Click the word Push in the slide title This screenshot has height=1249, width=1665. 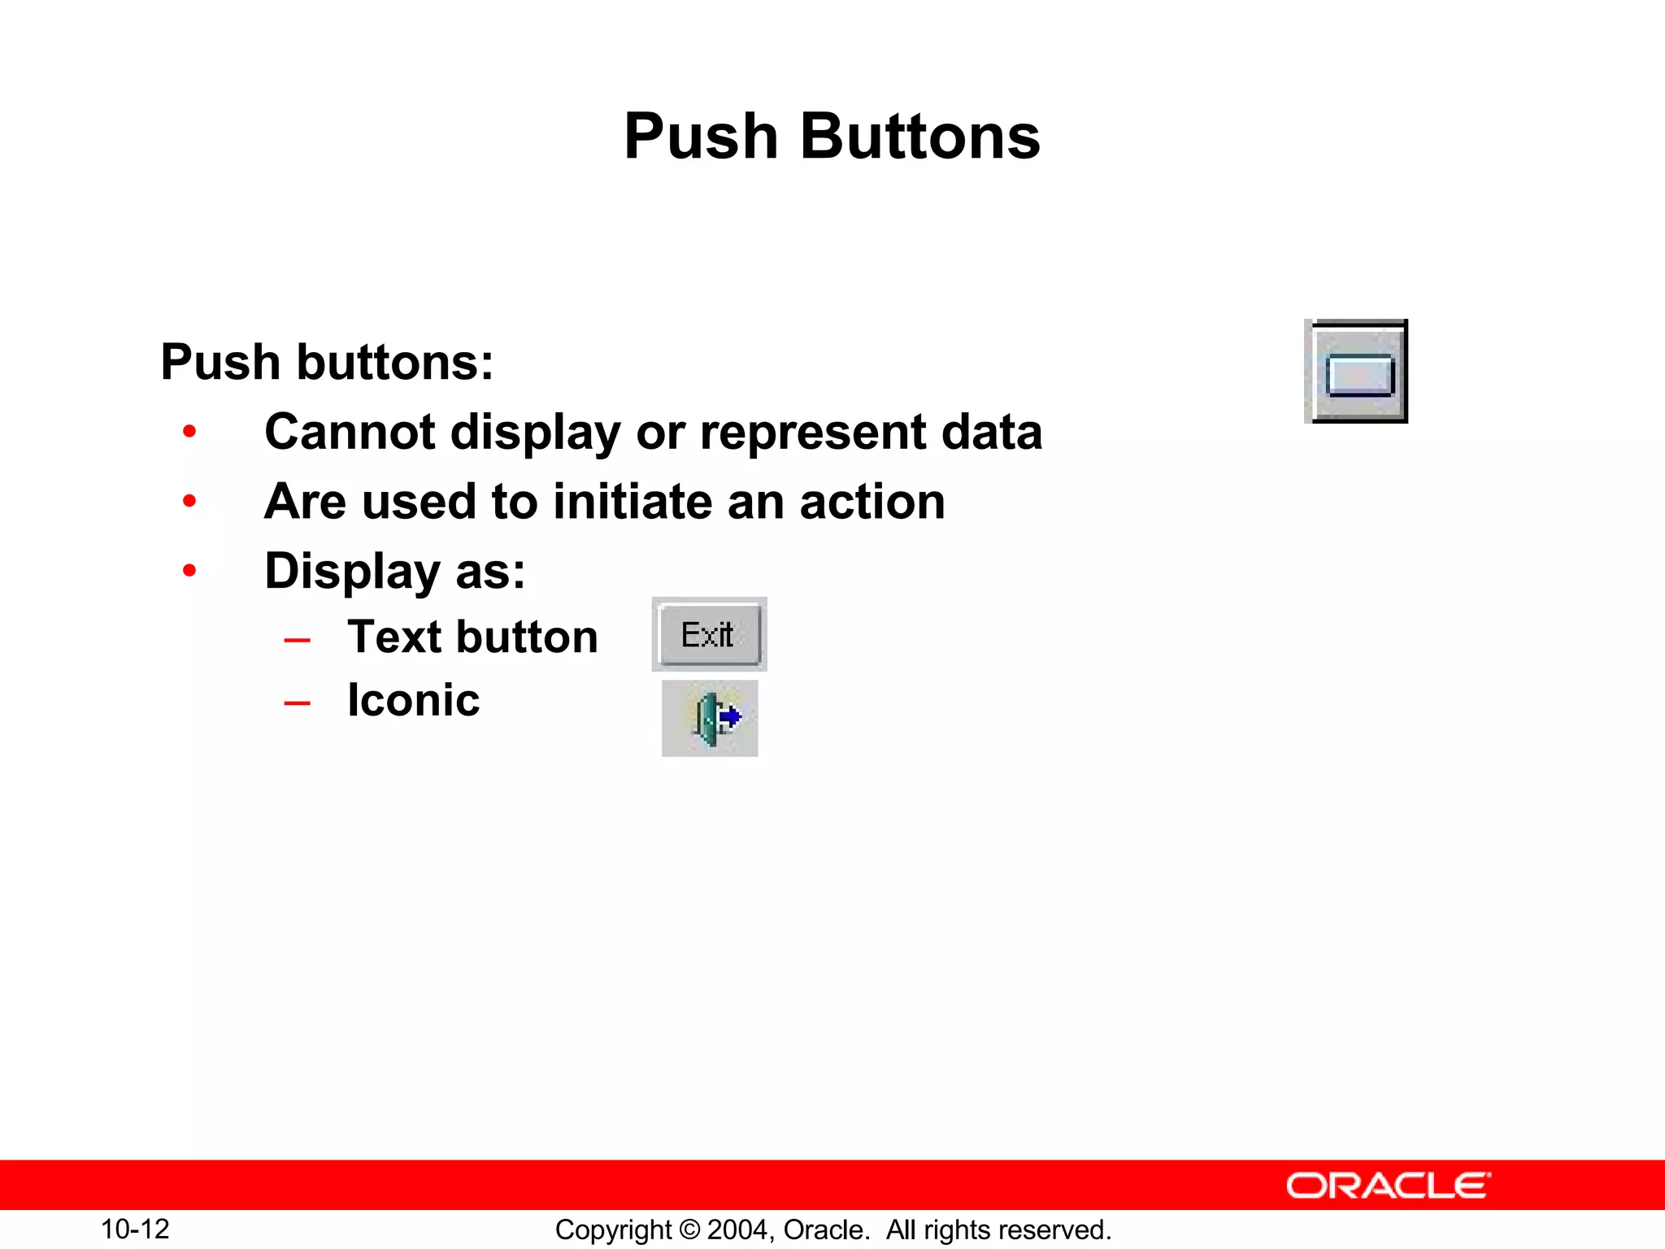tap(701, 137)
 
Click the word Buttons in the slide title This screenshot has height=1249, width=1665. tap(919, 137)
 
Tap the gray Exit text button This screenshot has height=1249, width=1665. tap(709, 634)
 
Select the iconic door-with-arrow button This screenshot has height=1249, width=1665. tap(710, 718)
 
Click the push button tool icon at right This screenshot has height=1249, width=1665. tap(1357, 372)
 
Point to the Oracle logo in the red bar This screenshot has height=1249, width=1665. tap(1388, 1186)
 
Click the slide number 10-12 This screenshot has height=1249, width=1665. tap(135, 1229)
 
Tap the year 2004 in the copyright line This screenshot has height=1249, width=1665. tap(736, 1229)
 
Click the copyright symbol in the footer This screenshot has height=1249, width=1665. tap(689, 1229)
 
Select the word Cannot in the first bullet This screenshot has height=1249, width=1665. tap(350, 431)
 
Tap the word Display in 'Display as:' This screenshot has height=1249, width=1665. tap(352, 572)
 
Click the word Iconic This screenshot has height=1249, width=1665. tap(413, 700)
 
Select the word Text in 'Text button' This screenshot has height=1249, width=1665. tap(393, 637)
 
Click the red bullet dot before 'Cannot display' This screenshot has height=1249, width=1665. tap(189, 431)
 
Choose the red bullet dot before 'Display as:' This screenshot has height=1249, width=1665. tap(189, 571)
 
